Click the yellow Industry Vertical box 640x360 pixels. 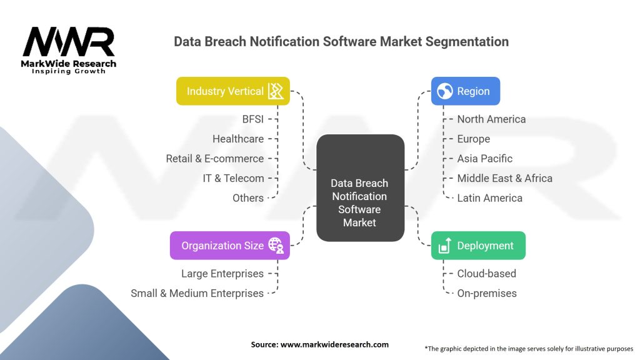233,91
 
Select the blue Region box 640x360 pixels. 465,91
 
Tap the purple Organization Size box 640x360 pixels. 230,245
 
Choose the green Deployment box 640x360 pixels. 478,245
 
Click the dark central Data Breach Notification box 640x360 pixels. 361,187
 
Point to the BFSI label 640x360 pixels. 253,119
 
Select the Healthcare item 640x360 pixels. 238,139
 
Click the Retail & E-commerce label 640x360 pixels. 215,158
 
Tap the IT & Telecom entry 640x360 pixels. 234,178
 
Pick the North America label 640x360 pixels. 491,119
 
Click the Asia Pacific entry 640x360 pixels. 485,158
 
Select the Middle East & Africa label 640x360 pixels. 505,178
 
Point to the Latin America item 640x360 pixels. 490,198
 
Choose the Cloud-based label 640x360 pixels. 486,274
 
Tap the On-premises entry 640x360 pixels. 487,293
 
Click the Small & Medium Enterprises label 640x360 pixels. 197,293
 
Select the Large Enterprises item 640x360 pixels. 222,274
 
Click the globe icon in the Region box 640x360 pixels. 445,91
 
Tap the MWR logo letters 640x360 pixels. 69,42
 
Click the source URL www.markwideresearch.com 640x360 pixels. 335,344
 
